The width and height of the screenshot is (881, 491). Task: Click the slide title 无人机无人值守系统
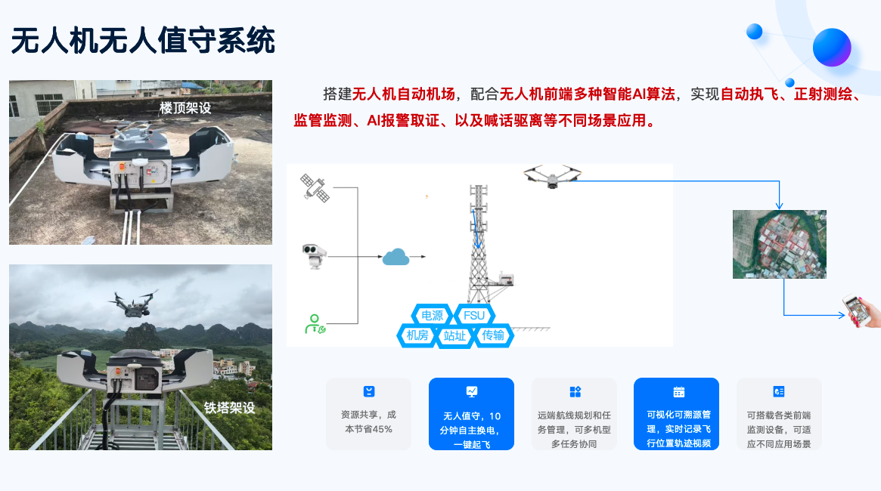click(143, 40)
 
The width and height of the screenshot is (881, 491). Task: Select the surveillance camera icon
click(314, 256)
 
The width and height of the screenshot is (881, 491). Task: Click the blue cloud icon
click(396, 257)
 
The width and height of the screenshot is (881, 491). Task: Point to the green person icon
click(315, 324)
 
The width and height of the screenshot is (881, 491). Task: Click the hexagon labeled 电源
click(432, 315)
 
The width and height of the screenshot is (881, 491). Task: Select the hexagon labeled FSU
click(474, 315)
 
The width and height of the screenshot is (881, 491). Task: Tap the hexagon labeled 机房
click(417, 335)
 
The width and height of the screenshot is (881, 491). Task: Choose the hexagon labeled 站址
click(454, 336)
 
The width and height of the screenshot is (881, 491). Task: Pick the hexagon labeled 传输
click(493, 335)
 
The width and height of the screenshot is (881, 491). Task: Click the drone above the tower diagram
click(552, 176)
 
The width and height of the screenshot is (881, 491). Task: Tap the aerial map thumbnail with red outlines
click(780, 244)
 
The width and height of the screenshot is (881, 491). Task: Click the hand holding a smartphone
click(862, 310)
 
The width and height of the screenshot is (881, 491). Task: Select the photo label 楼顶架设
click(185, 108)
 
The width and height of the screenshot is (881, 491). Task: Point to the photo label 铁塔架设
click(229, 407)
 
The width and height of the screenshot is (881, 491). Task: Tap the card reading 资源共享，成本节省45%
click(368, 413)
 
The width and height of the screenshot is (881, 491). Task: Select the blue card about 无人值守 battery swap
click(471, 413)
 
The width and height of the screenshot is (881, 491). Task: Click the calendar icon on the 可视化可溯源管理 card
click(679, 392)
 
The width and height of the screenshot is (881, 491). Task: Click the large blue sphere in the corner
click(832, 47)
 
